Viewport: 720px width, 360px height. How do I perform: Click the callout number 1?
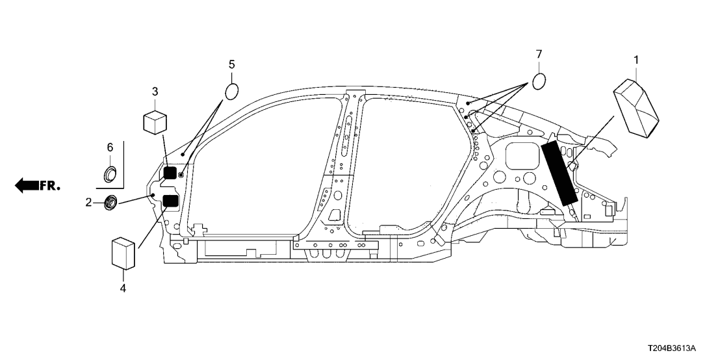point(636,60)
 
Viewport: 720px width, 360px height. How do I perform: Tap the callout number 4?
point(123,287)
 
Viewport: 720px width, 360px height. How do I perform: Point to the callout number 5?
point(231,64)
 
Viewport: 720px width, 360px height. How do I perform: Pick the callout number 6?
point(109,148)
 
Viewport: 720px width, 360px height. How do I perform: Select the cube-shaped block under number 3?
point(155,121)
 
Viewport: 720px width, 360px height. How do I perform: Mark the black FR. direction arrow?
point(27,185)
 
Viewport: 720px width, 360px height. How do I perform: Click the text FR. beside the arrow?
point(51,186)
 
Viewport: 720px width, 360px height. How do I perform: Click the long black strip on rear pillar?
point(559,173)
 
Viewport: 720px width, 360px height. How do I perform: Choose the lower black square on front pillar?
point(170,201)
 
